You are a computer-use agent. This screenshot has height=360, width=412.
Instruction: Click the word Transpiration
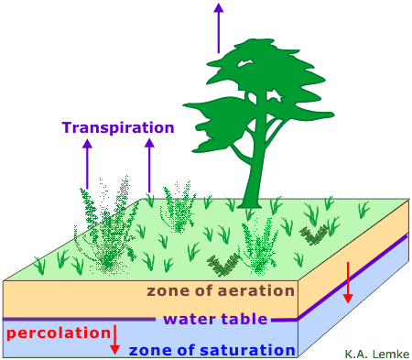coord(118,128)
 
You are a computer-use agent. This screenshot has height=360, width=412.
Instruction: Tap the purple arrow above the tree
coord(219,28)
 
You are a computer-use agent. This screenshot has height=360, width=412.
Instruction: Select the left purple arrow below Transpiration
coord(88,164)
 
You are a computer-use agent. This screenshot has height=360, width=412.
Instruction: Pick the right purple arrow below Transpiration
coord(149,165)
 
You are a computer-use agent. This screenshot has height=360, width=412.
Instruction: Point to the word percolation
coord(59,333)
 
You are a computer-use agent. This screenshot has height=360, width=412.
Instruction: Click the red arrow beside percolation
coord(114,340)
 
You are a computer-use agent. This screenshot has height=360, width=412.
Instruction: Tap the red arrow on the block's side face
coord(348,282)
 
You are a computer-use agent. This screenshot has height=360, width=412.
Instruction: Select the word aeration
coord(255,291)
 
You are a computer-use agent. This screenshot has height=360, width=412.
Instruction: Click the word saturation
coord(247,350)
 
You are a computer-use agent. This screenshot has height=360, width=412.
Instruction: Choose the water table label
coord(215,319)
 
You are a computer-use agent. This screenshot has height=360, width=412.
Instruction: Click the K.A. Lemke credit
coord(377,354)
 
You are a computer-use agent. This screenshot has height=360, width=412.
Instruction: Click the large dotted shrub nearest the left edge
coord(105,226)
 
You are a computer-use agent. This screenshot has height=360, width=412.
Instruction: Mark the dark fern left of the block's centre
coord(223,265)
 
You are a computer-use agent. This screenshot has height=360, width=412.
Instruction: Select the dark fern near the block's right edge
coord(314,235)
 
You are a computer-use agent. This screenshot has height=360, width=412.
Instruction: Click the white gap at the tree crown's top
coord(246,62)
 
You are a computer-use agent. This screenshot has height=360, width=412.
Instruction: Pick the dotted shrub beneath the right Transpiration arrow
coord(179,208)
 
